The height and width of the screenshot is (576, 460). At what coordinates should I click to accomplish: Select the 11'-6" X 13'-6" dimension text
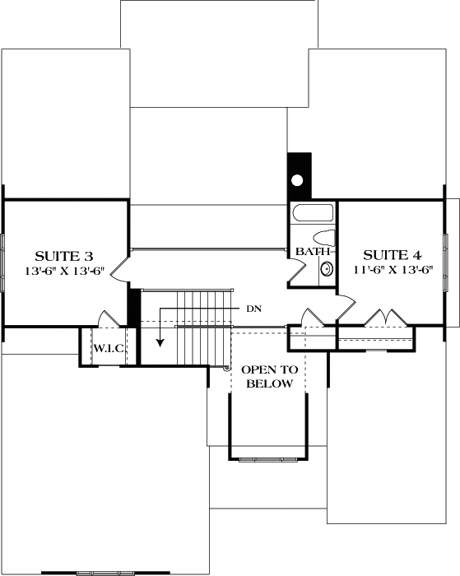[x=393, y=269]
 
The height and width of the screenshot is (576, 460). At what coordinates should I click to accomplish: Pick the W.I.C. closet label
[x=108, y=349]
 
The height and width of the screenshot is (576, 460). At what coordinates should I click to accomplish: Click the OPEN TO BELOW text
[x=267, y=377]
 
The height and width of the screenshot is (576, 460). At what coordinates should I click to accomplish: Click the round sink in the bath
[x=327, y=268]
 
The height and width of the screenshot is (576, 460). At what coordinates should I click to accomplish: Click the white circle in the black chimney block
[x=299, y=179]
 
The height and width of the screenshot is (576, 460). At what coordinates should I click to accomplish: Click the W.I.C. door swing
[x=105, y=319]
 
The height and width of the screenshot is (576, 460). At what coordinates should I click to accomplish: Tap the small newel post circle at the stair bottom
[x=227, y=368]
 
